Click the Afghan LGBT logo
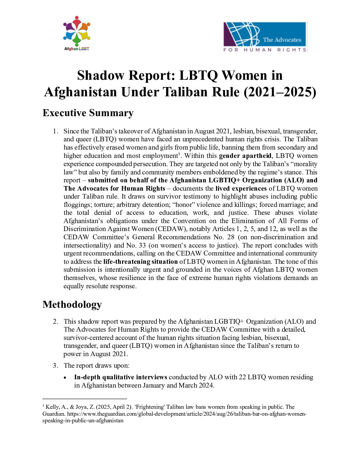[x=77, y=33]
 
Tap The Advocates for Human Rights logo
[x=265, y=37]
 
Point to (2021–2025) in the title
[x=280, y=92]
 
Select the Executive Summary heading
[x=88, y=113]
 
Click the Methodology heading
[x=72, y=304]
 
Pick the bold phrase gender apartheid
[x=245, y=156]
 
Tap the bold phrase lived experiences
[x=241, y=188]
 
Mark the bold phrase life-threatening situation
[x=140, y=261]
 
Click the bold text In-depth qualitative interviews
[x=120, y=377]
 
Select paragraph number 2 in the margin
[x=56, y=321]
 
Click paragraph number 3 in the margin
[x=56, y=365]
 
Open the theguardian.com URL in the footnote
[x=187, y=414]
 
